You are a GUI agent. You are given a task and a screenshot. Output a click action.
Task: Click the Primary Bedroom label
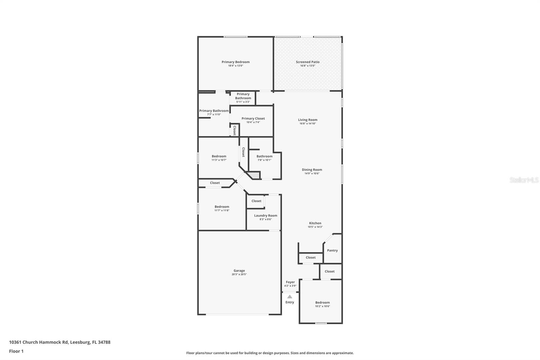click(x=236, y=62)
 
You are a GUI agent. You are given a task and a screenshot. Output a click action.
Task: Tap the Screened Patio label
click(x=307, y=62)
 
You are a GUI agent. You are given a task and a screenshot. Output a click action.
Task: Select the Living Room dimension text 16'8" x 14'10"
click(x=307, y=124)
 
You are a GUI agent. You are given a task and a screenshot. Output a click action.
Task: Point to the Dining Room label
click(x=312, y=170)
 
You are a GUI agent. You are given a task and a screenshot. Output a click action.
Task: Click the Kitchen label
click(x=315, y=223)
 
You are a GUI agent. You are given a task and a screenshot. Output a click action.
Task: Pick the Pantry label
click(x=332, y=250)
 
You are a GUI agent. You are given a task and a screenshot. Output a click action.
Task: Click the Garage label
click(x=239, y=271)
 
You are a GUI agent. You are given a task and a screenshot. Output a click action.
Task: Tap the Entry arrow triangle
click(x=290, y=297)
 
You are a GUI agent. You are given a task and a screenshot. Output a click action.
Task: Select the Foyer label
click(x=290, y=282)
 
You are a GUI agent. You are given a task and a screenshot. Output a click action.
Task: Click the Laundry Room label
click(x=266, y=215)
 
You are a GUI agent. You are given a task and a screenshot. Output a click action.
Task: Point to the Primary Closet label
click(x=253, y=118)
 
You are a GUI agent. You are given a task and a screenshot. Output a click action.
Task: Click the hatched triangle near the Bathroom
click(x=254, y=175)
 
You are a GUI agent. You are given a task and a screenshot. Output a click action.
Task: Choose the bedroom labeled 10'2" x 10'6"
click(x=322, y=303)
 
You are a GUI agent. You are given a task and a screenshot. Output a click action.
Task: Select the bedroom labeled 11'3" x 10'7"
click(x=219, y=156)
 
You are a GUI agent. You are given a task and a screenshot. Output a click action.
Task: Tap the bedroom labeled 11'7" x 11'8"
click(x=222, y=207)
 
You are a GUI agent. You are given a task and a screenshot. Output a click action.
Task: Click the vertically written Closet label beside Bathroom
click(x=243, y=152)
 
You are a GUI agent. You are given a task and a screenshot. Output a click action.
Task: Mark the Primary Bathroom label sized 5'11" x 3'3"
click(x=243, y=96)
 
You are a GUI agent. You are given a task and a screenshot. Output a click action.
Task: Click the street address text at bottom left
click(x=60, y=342)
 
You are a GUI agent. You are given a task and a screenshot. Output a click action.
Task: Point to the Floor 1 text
click(x=16, y=351)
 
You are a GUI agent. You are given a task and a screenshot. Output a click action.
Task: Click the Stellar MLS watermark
click(x=524, y=180)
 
